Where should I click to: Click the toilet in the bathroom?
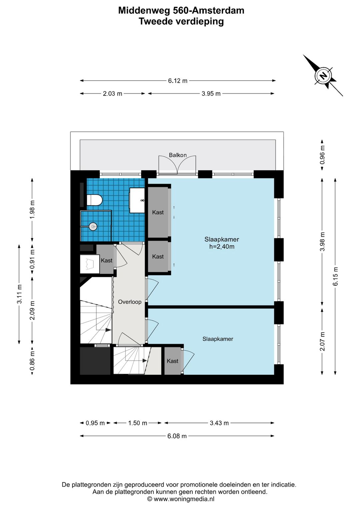(x=95, y=200)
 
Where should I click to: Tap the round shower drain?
(x=93, y=226)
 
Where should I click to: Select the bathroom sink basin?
(x=137, y=200)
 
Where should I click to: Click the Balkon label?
(x=178, y=155)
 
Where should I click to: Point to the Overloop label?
(x=130, y=302)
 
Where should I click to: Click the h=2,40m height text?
(x=222, y=246)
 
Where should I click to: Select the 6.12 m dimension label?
(x=178, y=81)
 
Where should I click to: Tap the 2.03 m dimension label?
(x=112, y=94)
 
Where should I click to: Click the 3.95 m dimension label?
(x=211, y=94)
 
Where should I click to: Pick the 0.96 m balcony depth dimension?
(x=322, y=155)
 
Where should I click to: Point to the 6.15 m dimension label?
(x=335, y=276)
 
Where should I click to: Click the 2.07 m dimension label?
(x=322, y=341)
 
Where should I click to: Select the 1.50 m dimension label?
(x=138, y=423)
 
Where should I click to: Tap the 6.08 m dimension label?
(x=177, y=436)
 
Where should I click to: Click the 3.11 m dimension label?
(x=19, y=294)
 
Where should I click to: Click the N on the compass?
(x=323, y=75)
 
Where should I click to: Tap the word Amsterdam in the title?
(x=217, y=10)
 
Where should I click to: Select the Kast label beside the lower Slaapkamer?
(x=172, y=361)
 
